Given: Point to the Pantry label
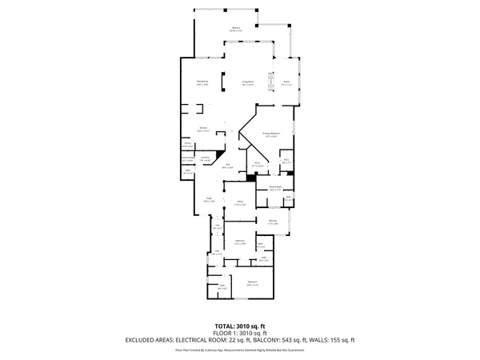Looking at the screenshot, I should pyautogui.click(x=187, y=146).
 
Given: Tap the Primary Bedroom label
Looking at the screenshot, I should pyautogui.click(x=271, y=134).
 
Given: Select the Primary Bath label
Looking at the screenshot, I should pyautogui.click(x=275, y=189).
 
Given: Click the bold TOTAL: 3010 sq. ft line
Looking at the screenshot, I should pyautogui.click(x=240, y=327).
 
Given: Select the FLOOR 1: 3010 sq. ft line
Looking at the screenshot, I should pyautogui.click(x=240, y=334).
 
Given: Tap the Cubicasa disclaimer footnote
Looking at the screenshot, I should pyautogui.click(x=240, y=350).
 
